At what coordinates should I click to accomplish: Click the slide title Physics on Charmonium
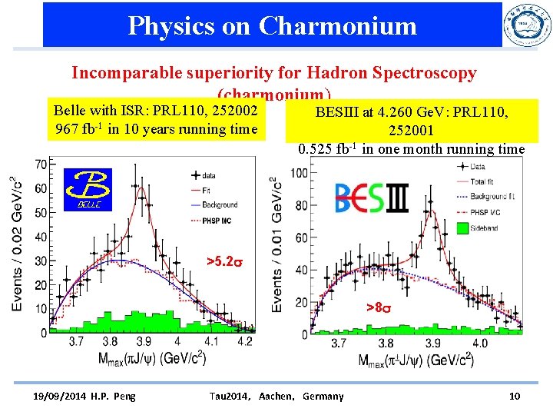coord(272,25)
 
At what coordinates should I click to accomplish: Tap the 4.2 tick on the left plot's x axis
coord(245,340)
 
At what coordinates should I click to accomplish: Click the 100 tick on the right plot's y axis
coord(299,173)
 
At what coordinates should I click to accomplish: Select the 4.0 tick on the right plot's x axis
coord(480,344)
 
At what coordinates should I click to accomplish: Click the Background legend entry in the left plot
coord(220,205)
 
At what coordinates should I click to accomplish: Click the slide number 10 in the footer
coord(515,396)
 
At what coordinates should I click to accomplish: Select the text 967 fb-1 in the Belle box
coord(76,128)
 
